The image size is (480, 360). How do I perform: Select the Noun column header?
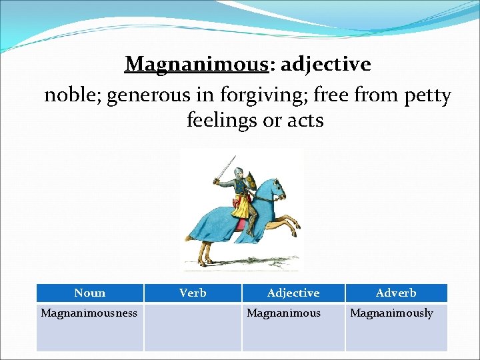pos(90,293)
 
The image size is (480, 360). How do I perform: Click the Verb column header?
pos(193,293)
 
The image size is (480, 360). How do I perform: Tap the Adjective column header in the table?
pos(293,293)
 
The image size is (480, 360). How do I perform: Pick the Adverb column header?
pos(396,293)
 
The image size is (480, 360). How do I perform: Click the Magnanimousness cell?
pos(89,313)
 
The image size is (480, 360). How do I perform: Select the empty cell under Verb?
pos(193,327)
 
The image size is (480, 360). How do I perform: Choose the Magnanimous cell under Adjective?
pos(284,313)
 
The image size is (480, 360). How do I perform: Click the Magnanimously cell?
pos(392,313)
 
